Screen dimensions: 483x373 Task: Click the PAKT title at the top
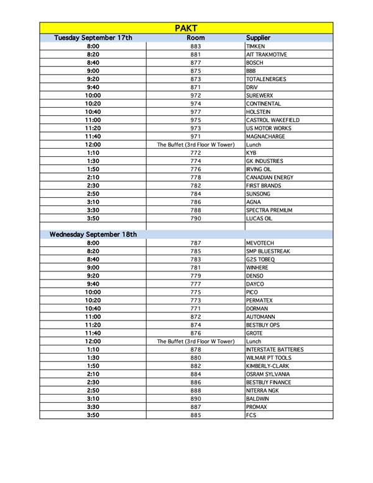click(x=186, y=28)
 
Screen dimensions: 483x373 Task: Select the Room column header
click(x=196, y=38)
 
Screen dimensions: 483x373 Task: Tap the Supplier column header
click(x=258, y=38)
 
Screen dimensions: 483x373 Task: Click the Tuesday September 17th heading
click(x=93, y=38)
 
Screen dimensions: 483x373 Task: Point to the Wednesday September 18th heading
click(x=93, y=235)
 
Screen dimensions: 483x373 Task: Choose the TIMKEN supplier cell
click(x=256, y=47)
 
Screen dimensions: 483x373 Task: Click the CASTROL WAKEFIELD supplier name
click(x=272, y=120)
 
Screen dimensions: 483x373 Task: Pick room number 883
click(x=196, y=47)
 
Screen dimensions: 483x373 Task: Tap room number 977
click(x=196, y=112)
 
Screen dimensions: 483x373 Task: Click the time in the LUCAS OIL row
click(x=93, y=218)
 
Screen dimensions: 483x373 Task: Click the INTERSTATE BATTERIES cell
click(x=275, y=350)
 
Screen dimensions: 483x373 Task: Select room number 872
click(x=196, y=317)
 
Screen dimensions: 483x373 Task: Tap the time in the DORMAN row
click(x=93, y=309)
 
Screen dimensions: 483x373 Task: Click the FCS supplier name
click(x=251, y=415)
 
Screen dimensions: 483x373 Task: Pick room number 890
click(x=196, y=399)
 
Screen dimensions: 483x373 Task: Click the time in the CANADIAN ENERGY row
click(x=93, y=177)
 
